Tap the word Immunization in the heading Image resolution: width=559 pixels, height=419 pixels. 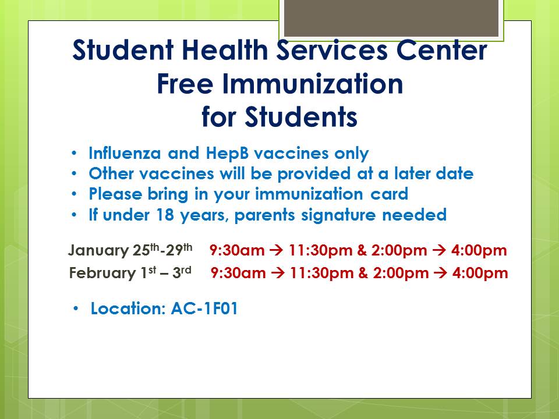(313, 84)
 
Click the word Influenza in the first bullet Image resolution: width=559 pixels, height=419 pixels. (125, 153)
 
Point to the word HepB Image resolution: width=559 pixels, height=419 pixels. (227, 154)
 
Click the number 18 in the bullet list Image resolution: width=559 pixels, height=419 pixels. (165, 215)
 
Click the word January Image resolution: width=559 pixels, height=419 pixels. (98, 250)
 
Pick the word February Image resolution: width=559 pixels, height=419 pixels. (102, 274)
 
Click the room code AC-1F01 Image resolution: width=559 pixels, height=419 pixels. (204, 308)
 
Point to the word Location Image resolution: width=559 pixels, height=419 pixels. (128, 308)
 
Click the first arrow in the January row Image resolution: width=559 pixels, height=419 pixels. (276, 250)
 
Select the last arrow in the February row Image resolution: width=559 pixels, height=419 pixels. (441, 274)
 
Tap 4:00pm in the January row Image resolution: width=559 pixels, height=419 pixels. (479, 250)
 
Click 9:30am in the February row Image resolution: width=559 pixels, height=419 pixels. (238, 274)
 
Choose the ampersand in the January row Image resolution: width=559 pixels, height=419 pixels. (362, 250)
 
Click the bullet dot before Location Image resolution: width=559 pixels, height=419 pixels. (76, 308)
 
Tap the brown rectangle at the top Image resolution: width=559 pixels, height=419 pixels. (391, 18)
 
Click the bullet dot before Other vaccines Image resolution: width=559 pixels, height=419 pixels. (74, 174)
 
